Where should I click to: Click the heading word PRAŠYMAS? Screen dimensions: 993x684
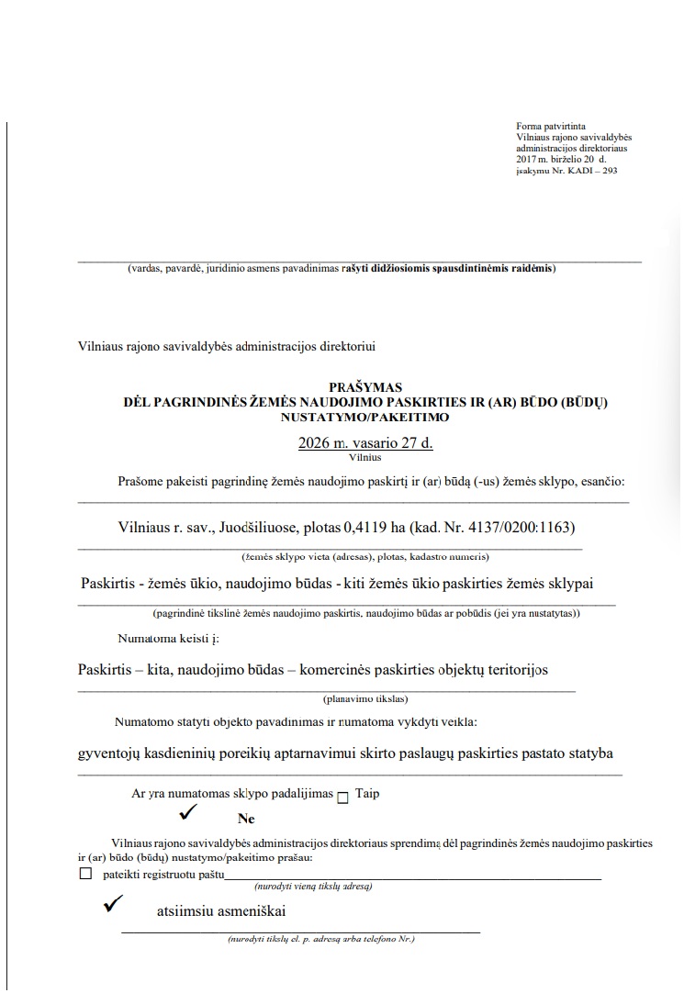tap(364, 387)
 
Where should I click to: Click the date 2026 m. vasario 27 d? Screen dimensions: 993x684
tap(365, 443)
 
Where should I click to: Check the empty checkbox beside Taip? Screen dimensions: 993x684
tap(343, 798)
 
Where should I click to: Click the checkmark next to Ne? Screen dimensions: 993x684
tap(189, 811)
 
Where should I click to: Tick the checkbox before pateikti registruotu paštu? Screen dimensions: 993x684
tap(86, 874)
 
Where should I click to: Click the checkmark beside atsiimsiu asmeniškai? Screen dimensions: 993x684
tap(114, 904)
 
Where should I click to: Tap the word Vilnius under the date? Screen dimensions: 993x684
tap(364, 457)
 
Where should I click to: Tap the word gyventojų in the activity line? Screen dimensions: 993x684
tap(110, 753)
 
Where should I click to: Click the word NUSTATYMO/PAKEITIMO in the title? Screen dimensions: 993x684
tap(364, 417)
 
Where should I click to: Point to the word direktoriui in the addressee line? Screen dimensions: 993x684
tap(347, 346)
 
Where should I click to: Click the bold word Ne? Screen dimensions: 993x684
tap(245, 819)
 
